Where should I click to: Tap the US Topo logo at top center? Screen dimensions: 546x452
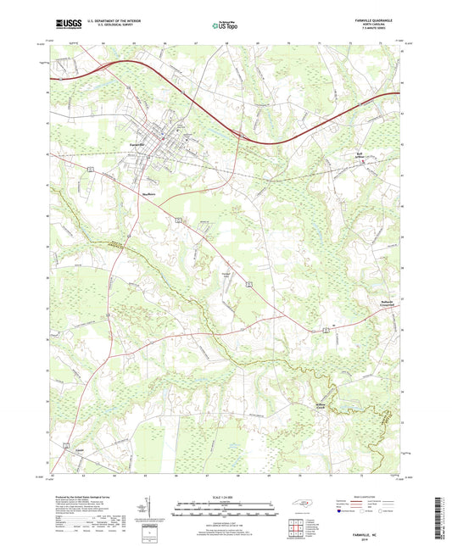[224, 25]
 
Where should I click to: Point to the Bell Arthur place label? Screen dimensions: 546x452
[362, 153]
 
